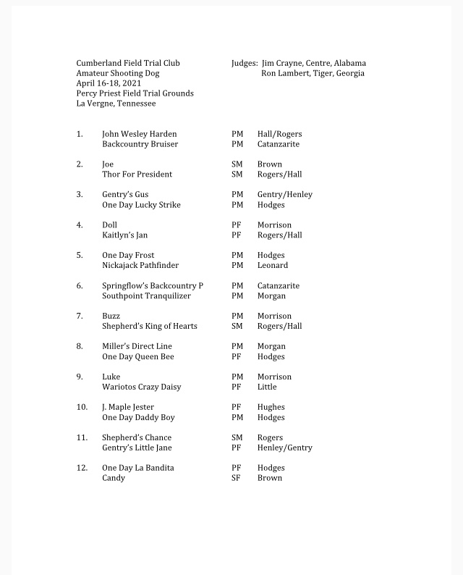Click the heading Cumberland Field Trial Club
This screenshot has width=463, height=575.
[x=128, y=63]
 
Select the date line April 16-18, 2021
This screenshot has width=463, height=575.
[x=106, y=83]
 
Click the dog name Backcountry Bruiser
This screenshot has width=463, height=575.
[x=140, y=144]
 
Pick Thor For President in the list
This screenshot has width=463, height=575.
[x=137, y=175]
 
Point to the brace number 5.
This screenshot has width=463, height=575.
[x=80, y=256]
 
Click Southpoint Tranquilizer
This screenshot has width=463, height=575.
[x=146, y=296]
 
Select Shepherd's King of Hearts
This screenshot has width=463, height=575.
[x=149, y=327]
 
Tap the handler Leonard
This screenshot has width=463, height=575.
[x=273, y=266]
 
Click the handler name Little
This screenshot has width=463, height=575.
[x=267, y=387]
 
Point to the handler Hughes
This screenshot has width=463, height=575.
[x=271, y=408]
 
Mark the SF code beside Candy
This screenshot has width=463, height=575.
[x=236, y=479]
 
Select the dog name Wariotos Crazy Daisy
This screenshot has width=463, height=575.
[x=141, y=387]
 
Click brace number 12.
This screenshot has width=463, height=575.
[x=82, y=469]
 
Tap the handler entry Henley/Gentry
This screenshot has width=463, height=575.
[x=285, y=448]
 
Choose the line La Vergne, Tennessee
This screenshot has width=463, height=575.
[x=116, y=104]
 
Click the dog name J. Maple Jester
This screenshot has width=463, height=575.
[x=128, y=408]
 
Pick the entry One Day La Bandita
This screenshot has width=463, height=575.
[x=137, y=469]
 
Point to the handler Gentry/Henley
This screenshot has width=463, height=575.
[x=285, y=195]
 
